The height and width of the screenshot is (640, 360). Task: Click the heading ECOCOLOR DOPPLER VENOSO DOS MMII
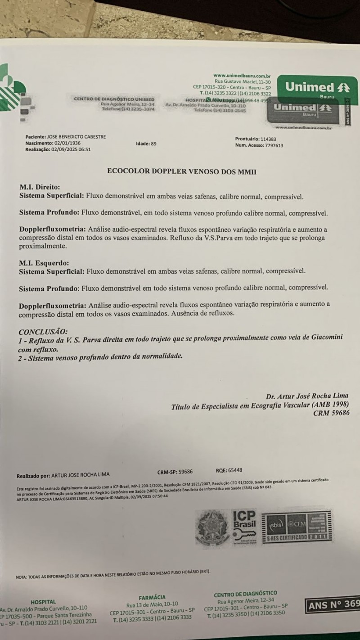point(182,171)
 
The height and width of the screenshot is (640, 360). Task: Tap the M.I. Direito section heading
point(40,187)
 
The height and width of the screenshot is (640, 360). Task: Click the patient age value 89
point(153,144)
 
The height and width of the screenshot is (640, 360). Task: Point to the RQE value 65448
point(235,469)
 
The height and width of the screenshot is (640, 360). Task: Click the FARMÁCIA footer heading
point(152,597)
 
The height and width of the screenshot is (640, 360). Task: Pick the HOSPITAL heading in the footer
point(43,601)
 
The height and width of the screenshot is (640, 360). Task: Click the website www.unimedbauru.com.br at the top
point(242,76)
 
